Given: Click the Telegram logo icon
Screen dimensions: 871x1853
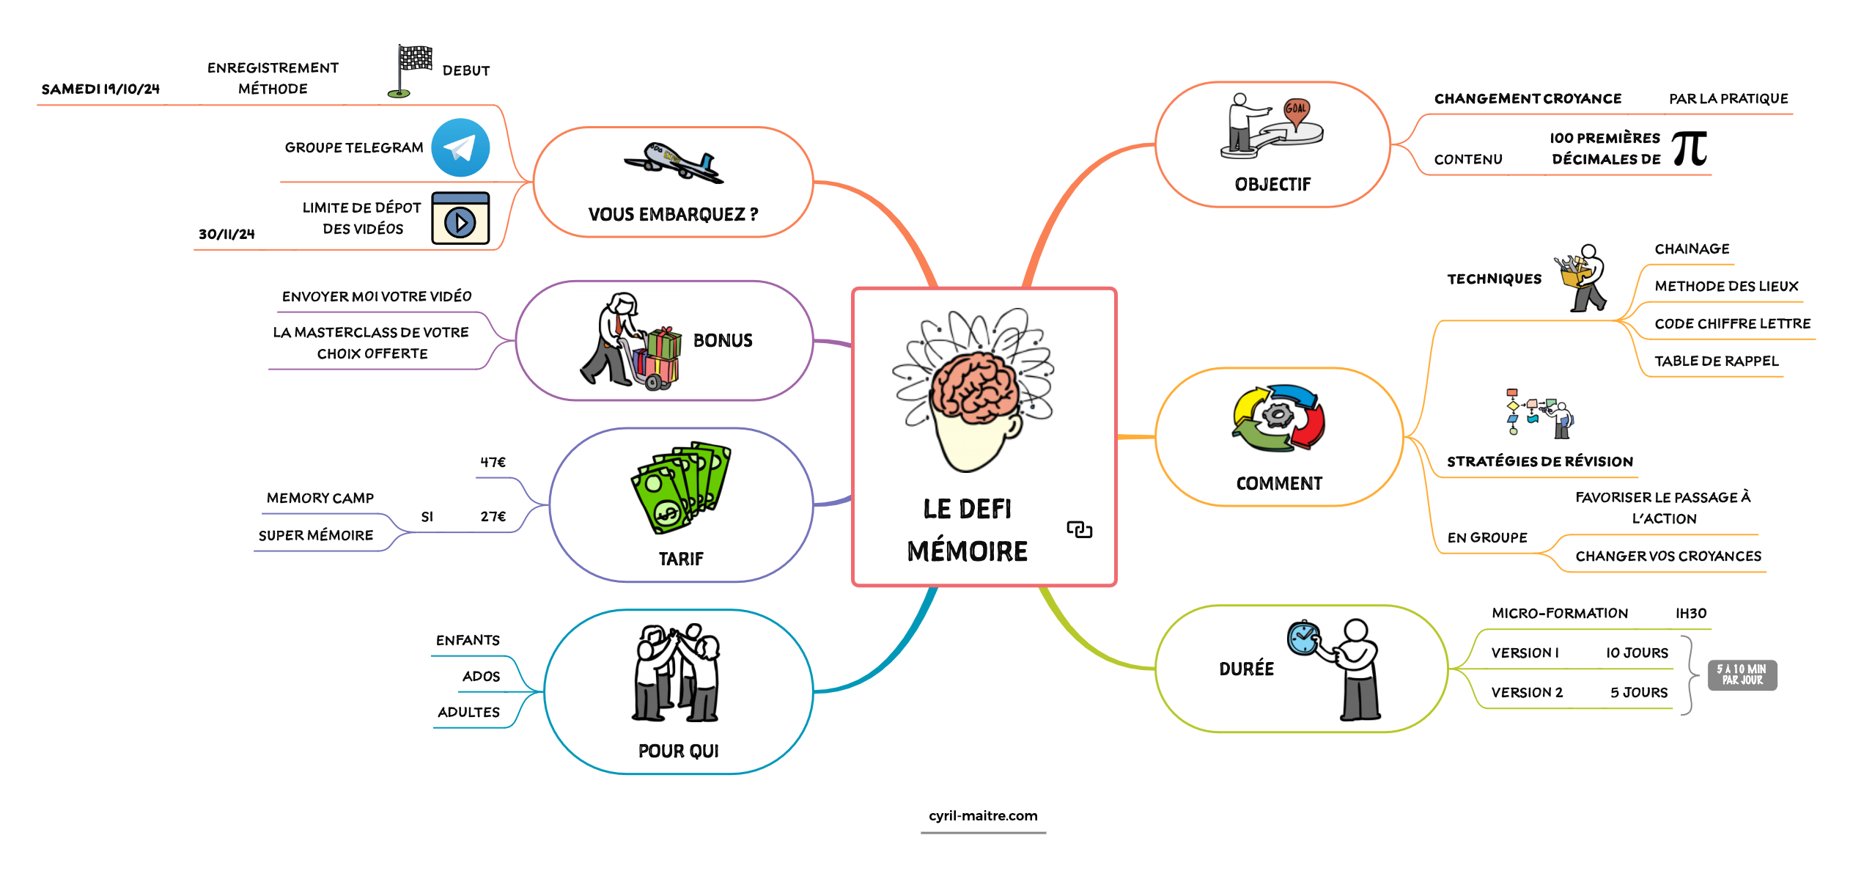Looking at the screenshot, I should point(460,148).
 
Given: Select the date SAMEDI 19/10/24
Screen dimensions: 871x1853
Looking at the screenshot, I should point(100,89).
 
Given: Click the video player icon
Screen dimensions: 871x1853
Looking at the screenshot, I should point(460,218).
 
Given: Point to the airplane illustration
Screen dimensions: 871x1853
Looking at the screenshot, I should point(673,163).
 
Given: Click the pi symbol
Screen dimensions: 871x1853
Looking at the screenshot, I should point(1690,149).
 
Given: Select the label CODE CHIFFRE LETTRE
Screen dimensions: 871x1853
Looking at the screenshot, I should point(1732,323).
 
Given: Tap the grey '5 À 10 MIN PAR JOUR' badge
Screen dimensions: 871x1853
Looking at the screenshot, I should point(1742,675).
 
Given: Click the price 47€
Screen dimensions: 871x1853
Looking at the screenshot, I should point(493,463).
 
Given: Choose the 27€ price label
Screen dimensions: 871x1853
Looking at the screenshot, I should point(493,517).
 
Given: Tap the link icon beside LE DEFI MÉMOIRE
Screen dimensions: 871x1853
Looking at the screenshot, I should point(1079,529).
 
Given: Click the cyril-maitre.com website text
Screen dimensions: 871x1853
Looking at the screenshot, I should point(983,816).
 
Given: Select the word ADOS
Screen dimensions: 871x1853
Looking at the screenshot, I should point(481,677).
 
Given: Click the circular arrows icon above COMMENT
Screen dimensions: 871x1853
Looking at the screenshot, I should point(1278,417).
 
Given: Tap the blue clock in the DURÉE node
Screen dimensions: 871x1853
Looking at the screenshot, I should point(1303,638).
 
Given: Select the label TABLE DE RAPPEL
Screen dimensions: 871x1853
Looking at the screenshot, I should point(1716,361).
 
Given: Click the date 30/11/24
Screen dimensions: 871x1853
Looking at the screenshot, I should point(226,235).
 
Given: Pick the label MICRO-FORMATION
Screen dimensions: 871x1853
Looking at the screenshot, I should point(1559,613).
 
